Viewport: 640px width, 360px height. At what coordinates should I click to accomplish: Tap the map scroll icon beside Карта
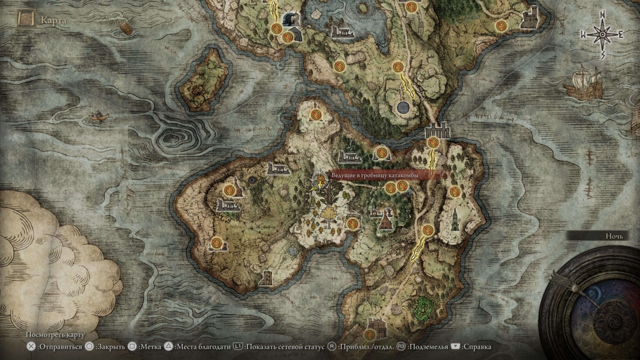[x=25, y=20]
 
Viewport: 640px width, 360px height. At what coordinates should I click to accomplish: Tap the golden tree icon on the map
[x=329, y=216]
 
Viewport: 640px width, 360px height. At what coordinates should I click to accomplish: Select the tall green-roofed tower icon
[x=455, y=220]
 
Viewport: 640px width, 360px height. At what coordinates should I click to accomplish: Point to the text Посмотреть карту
[x=55, y=335]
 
